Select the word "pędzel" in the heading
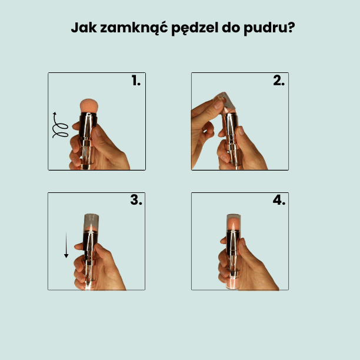tap(189, 29)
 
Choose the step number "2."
tap(279, 81)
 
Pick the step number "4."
tap(279, 200)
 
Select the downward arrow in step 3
tap(66, 245)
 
